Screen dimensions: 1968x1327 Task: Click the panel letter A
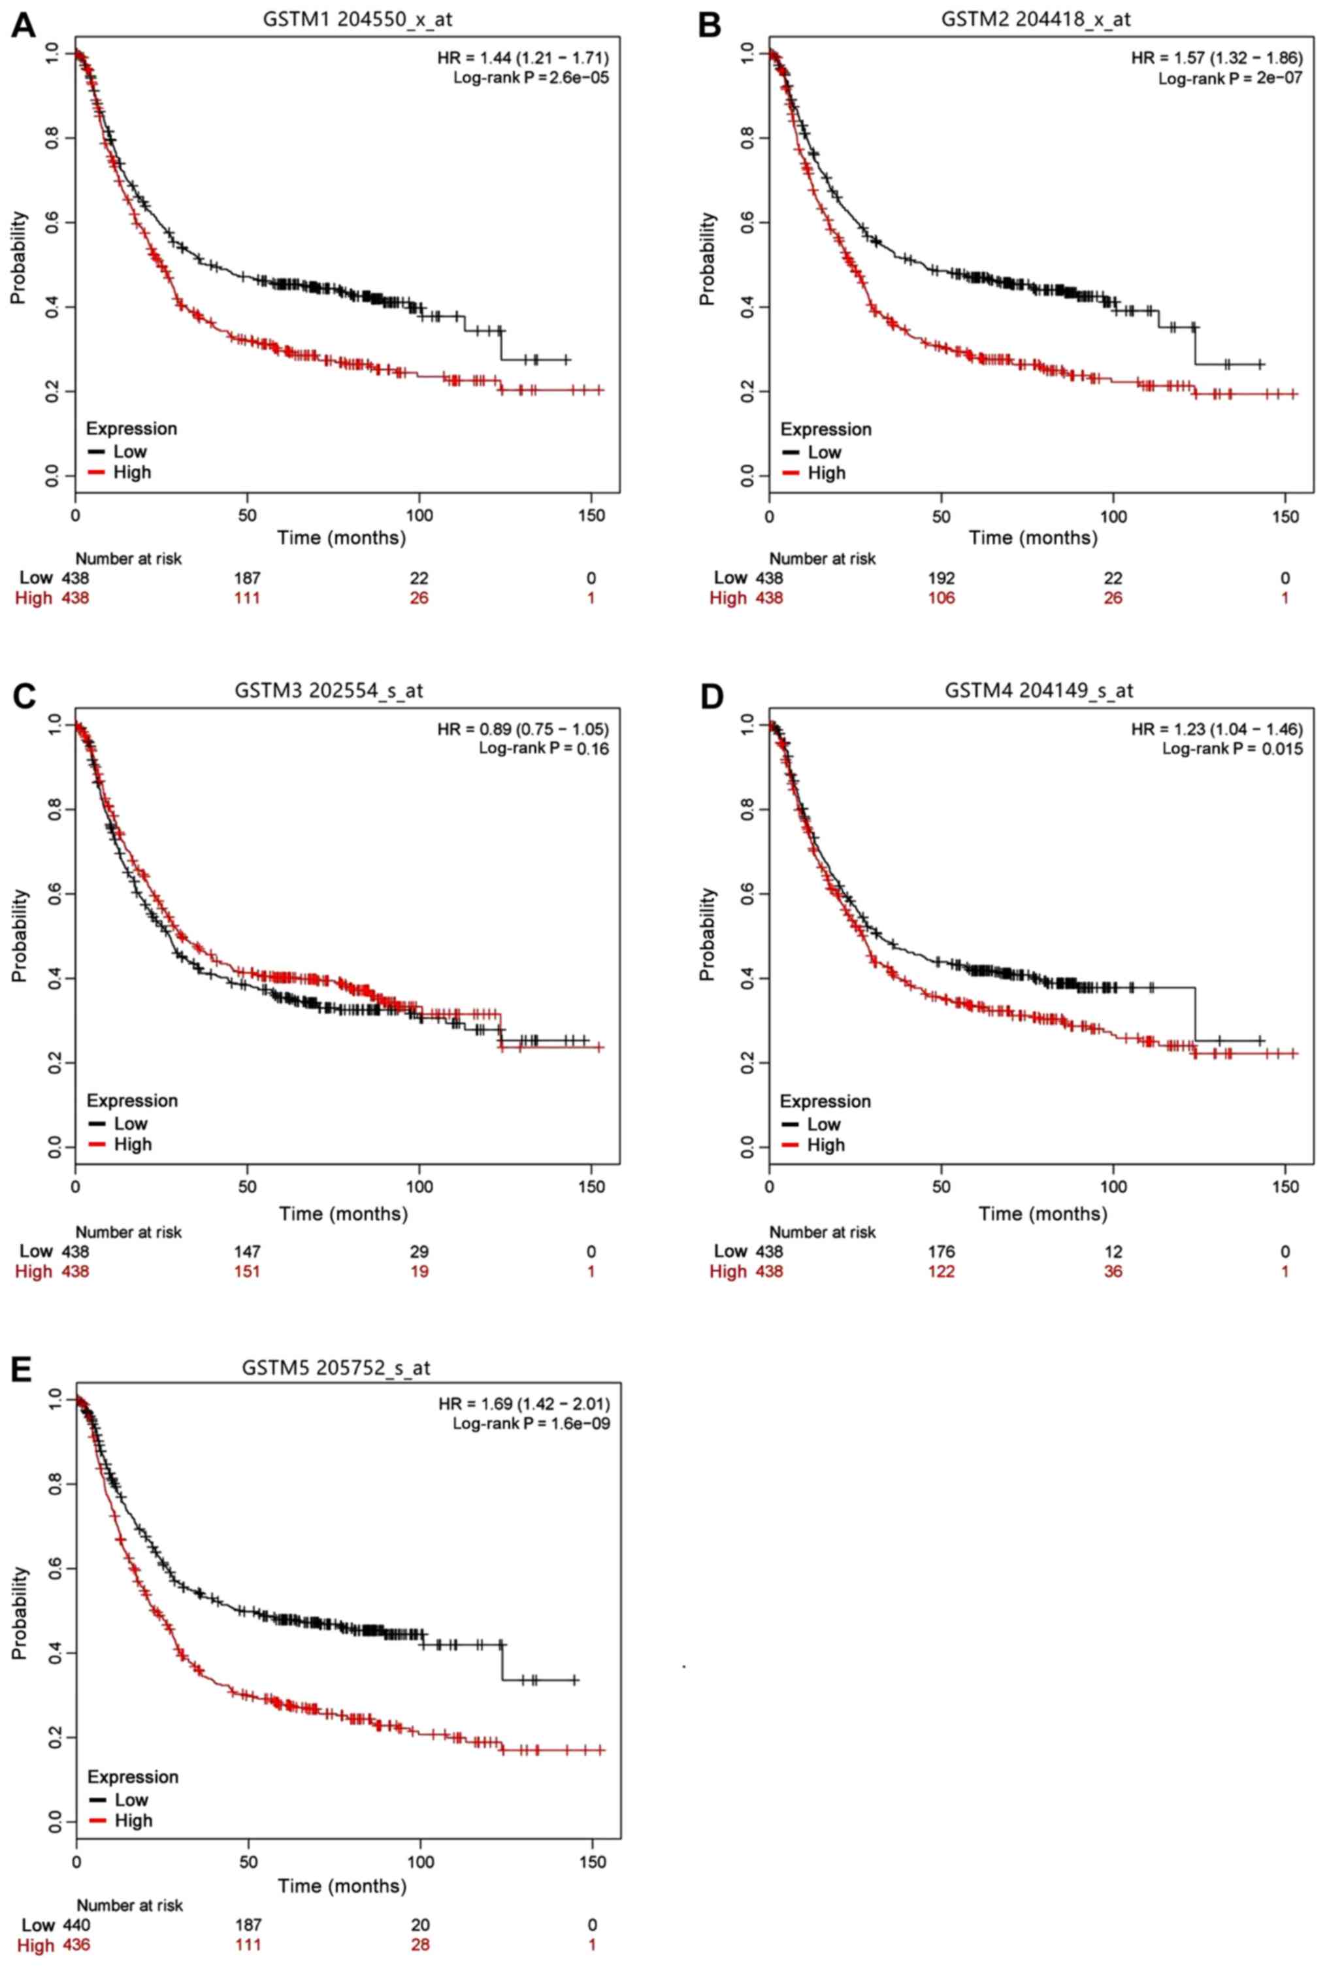pyautogui.click(x=23, y=25)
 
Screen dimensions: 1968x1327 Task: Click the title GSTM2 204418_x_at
pyautogui.click(x=1035, y=18)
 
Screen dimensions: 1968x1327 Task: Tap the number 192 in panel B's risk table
pyautogui.click(x=941, y=578)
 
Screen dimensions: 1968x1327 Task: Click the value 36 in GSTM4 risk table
pyautogui.click(x=1113, y=1271)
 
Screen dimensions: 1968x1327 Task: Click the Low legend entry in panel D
pyautogui.click(x=823, y=1124)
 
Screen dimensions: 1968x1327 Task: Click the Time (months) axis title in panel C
pyautogui.click(x=343, y=1213)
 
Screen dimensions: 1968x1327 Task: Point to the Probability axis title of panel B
pyautogui.click(x=707, y=258)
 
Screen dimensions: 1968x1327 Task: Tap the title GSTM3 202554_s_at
pyautogui.click(x=329, y=691)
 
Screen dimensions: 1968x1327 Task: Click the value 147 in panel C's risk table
pyautogui.click(x=247, y=1251)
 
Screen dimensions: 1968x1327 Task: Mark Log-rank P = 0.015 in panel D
pyautogui.click(x=1232, y=748)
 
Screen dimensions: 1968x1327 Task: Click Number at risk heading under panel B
pyautogui.click(x=822, y=559)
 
